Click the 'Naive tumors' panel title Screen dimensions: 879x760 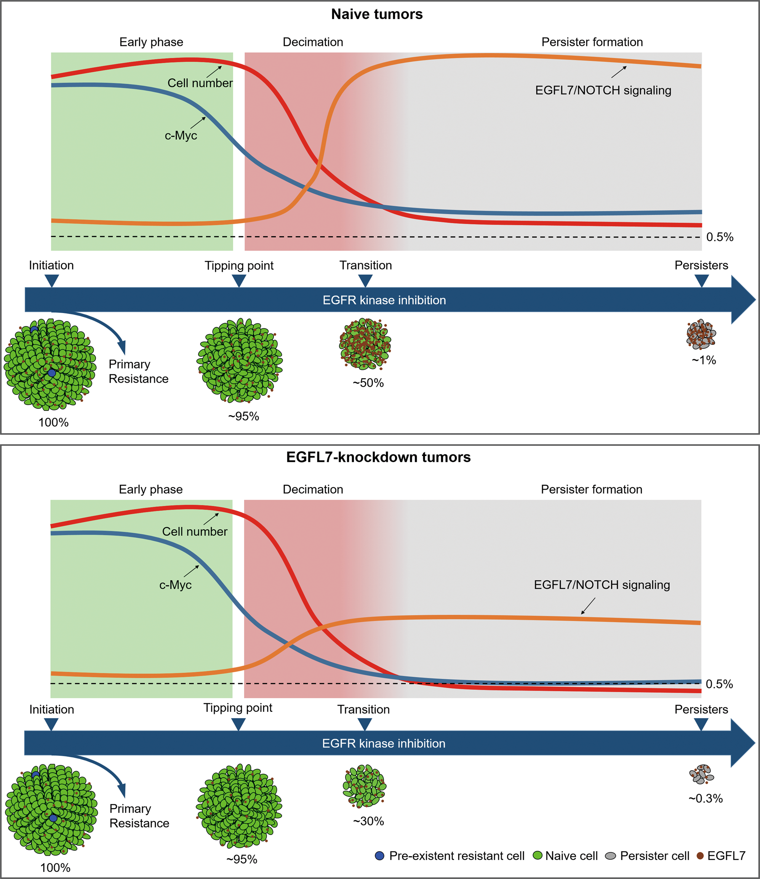377,14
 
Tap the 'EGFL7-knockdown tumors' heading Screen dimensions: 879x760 378,457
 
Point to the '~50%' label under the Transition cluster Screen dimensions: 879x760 368,383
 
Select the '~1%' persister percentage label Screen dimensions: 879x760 704,360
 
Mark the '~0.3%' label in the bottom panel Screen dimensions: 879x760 705,798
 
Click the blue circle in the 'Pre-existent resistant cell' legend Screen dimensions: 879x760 380,856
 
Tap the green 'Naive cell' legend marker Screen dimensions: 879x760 538,856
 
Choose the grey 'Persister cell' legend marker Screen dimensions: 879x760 610,856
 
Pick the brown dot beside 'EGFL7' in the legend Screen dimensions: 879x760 700,856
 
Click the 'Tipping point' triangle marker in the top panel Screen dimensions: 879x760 239,280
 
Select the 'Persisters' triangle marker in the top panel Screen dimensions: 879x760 702,280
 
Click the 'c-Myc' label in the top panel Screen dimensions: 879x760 181,135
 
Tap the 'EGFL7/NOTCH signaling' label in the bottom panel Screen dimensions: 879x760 602,585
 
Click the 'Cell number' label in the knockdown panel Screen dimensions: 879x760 195,532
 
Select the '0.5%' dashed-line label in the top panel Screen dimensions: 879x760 720,237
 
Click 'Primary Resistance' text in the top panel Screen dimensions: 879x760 138,371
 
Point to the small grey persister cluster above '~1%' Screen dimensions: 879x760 701,334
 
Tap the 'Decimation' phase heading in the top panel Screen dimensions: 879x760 313,42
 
